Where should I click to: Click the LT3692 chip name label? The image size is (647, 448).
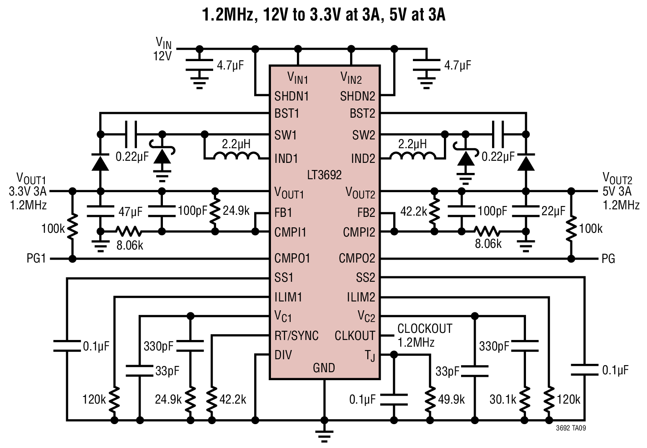(x=324, y=175)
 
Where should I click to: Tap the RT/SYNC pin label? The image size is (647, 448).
(x=296, y=335)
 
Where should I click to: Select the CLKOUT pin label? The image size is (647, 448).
(x=355, y=335)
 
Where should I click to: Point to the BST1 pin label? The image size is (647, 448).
(x=286, y=113)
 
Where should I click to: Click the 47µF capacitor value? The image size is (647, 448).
(x=130, y=212)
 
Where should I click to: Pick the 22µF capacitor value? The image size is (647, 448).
(x=553, y=211)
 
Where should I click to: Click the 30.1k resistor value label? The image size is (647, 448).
(x=503, y=399)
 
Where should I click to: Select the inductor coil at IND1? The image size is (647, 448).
(x=237, y=156)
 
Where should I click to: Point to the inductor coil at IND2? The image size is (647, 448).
(x=412, y=156)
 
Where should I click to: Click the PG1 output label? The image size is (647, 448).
(x=36, y=258)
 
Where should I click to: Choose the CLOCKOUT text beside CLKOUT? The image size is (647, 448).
(x=425, y=328)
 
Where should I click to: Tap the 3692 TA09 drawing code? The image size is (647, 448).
(x=571, y=428)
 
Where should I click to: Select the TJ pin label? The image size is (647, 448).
(x=370, y=355)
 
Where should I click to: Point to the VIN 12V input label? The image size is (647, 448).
(x=162, y=49)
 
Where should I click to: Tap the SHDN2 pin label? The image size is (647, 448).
(x=357, y=96)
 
